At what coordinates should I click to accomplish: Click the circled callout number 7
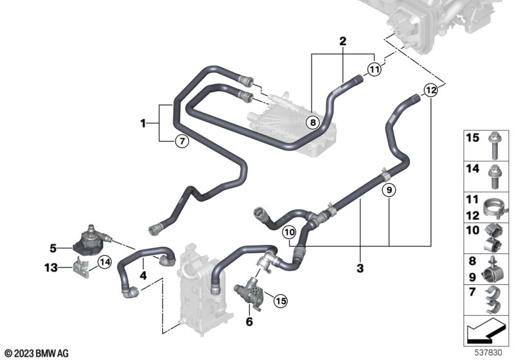pos(181,141)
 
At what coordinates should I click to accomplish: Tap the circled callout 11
pos(375,69)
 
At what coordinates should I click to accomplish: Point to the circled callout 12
pos(430,91)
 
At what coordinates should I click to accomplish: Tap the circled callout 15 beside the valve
pos(279,299)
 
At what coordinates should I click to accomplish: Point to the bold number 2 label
pos(342,41)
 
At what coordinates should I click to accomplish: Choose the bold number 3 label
pos(360,267)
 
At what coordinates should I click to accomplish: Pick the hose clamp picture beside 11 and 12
pos(496,208)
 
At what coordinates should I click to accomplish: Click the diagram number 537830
pos(492,353)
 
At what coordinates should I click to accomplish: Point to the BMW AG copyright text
pos(36,353)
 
